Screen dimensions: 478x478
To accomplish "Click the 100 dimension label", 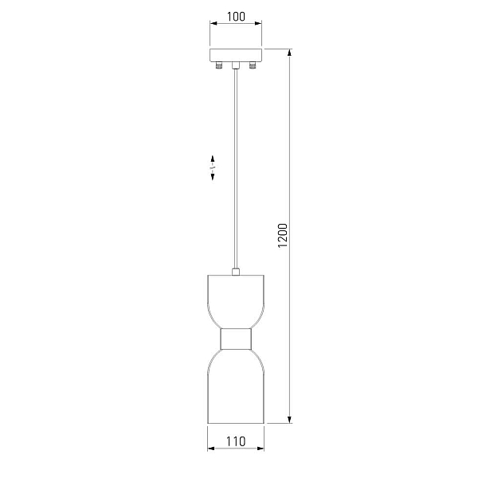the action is [236, 17].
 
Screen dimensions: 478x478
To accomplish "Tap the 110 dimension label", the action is [236, 441].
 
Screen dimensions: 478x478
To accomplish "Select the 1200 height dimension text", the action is [283, 236].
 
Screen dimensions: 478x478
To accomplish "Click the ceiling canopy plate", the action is [236, 55].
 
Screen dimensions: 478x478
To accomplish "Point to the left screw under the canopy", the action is [218, 65].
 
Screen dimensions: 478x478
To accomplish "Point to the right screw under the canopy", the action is [253, 65].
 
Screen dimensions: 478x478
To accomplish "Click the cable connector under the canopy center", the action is [235, 65].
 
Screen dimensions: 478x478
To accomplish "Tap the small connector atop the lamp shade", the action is [236, 272].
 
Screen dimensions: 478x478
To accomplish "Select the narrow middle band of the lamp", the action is [236, 339].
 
